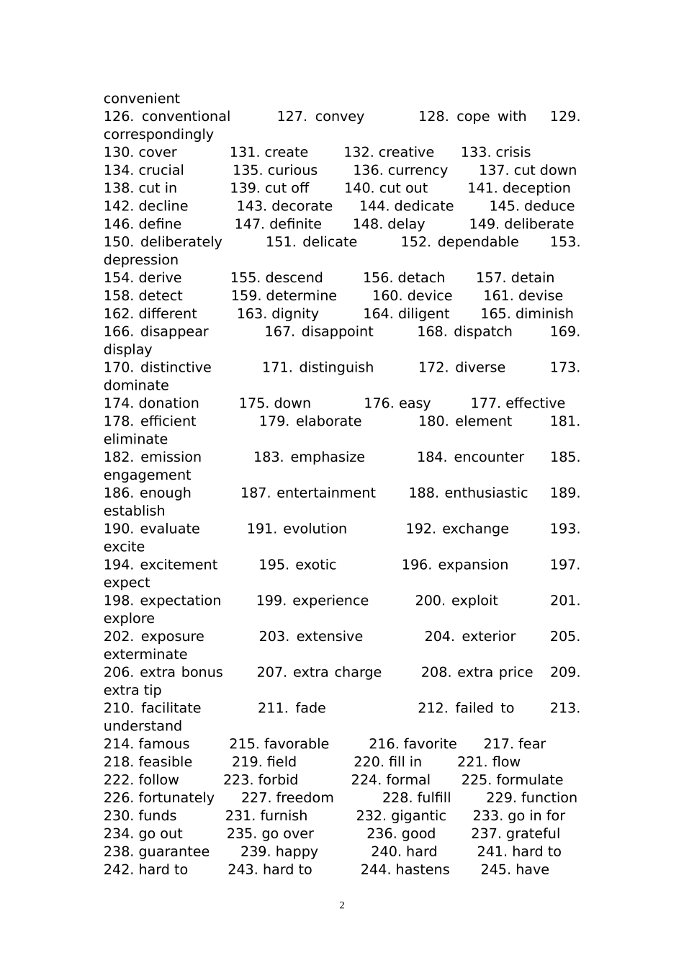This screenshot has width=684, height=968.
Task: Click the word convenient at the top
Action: (x=141, y=99)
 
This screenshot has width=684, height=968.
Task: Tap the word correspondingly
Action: (x=158, y=135)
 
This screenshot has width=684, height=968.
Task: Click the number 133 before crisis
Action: (x=473, y=153)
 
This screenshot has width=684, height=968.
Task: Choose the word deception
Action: (x=536, y=189)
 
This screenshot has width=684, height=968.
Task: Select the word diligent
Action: (x=420, y=314)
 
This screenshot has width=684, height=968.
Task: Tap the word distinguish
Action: (x=336, y=368)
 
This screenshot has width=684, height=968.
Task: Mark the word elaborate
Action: (x=328, y=421)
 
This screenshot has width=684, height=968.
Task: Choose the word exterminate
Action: (x=145, y=655)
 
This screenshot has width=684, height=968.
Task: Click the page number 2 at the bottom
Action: (x=342, y=906)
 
